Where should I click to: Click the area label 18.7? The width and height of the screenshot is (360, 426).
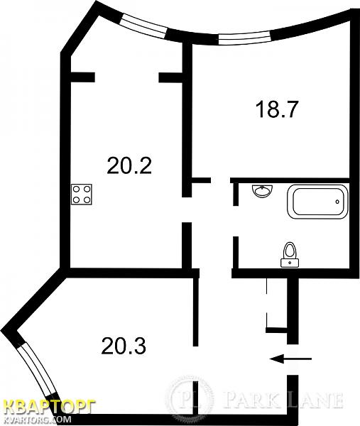(x=277, y=109)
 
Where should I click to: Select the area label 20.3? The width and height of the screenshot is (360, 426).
(x=124, y=346)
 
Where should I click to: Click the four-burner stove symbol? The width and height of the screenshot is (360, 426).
(x=82, y=195)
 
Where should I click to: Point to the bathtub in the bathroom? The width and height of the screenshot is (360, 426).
(x=318, y=202)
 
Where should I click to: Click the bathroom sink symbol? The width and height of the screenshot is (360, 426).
(x=263, y=191)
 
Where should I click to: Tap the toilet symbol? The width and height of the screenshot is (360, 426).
(x=290, y=255)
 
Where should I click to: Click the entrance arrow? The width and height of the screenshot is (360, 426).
(x=290, y=359)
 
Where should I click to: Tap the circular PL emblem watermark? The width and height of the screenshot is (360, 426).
(x=190, y=399)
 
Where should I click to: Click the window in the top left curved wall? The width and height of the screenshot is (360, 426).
(x=143, y=25)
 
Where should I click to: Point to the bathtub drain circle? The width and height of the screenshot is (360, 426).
(x=337, y=202)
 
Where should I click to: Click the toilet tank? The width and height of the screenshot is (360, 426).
(x=290, y=263)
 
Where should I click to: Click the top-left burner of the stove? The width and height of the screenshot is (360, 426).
(x=77, y=189)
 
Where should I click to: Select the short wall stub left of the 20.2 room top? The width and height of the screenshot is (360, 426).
(x=82, y=77)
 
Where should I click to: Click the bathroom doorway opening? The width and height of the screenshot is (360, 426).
(x=236, y=221)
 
